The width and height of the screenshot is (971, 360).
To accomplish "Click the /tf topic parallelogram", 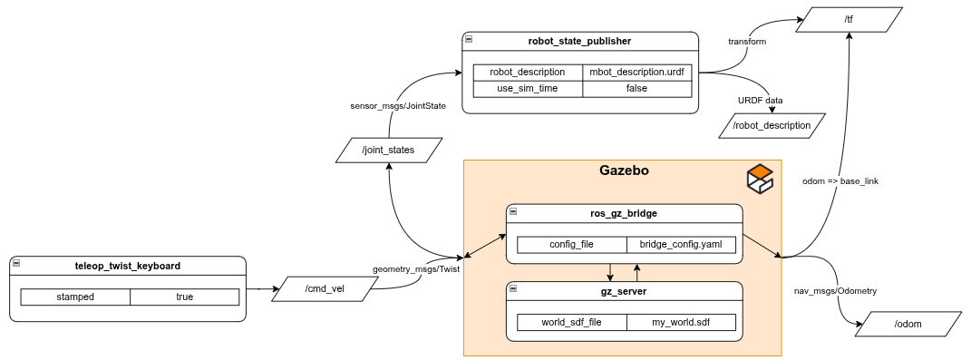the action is pyautogui.click(x=849, y=19).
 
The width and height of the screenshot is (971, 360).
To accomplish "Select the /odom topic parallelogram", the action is pyautogui.click(x=908, y=324).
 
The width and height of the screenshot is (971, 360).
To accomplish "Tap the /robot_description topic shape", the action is pyautogui.click(x=772, y=125).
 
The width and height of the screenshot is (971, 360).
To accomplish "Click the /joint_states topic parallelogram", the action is pyautogui.click(x=388, y=150).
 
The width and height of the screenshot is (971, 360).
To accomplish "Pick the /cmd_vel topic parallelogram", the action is pyautogui.click(x=325, y=288).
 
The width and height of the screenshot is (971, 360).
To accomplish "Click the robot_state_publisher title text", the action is pyautogui.click(x=579, y=42).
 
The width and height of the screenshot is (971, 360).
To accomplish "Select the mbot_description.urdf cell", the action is pyautogui.click(x=636, y=72).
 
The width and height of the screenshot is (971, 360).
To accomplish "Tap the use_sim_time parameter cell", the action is pyautogui.click(x=529, y=89).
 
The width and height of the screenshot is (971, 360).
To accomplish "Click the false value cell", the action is pyautogui.click(x=636, y=89).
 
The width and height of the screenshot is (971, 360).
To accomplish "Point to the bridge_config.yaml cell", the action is pyautogui.click(x=681, y=245).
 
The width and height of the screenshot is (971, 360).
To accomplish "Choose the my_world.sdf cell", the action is pyautogui.click(x=681, y=322).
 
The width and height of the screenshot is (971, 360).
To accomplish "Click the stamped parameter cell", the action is pyautogui.click(x=75, y=297).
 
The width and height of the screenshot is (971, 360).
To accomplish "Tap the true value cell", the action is pyautogui.click(x=185, y=297).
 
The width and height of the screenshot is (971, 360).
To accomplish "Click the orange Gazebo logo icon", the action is pyautogui.click(x=760, y=177).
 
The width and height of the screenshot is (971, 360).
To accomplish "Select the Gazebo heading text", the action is pyautogui.click(x=624, y=170).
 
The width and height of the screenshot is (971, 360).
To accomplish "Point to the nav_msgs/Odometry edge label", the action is pyautogui.click(x=835, y=290).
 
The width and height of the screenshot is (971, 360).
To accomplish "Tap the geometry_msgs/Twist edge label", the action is pyautogui.click(x=415, y=269).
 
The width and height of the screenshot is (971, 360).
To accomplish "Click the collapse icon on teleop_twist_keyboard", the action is pyautogui.click(x=16, y=263).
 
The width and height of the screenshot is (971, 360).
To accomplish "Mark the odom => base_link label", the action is pyautogui.click(x=840, y=181).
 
